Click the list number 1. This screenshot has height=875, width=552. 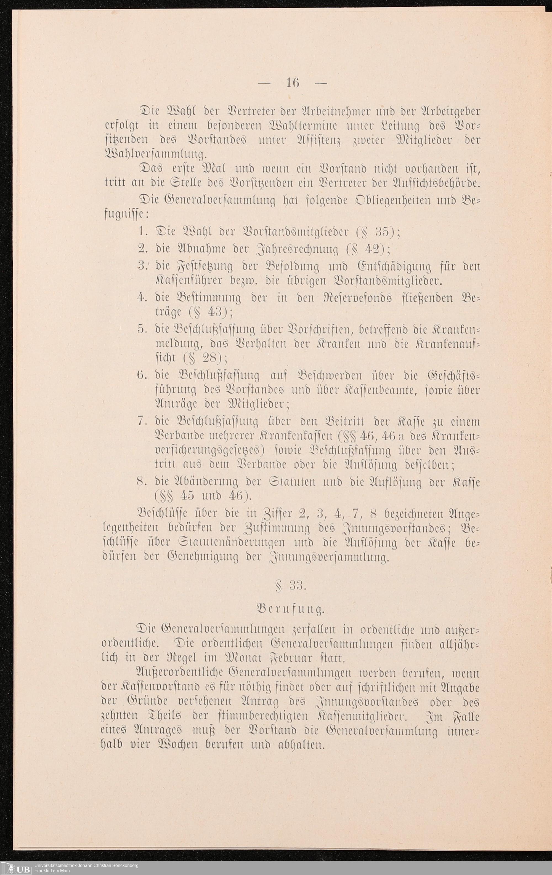(x=142, y=231)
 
